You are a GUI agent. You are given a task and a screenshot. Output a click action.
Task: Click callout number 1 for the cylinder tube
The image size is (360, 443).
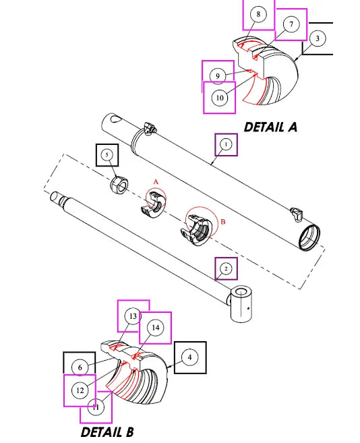pos(226,144)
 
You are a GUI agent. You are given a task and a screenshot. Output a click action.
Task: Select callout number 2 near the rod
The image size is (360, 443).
pos(226,269)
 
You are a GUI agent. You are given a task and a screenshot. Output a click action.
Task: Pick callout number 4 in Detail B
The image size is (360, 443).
pos(191,357)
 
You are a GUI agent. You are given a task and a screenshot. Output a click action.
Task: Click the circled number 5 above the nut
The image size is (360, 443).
pos(107,155)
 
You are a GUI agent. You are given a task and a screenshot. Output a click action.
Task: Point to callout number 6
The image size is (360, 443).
pos(80,367)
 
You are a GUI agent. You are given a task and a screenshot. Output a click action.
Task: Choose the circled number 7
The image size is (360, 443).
pos(291,25)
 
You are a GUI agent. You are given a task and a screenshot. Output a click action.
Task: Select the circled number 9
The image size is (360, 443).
pos(218,76)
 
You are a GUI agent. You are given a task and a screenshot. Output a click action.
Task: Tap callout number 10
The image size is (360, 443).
pos(219,98)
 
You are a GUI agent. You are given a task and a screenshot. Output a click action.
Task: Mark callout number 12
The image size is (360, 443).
pos(80,390)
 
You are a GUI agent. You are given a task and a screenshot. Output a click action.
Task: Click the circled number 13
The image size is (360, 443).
pos(133,316)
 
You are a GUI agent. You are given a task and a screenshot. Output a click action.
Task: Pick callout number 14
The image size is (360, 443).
pos(155,328)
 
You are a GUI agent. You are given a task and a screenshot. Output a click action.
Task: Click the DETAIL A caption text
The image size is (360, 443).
pos(270,126)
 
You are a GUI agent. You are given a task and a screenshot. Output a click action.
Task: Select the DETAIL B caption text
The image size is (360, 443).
pos(107,432)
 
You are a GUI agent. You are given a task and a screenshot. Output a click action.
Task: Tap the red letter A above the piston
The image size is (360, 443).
pos(156,182)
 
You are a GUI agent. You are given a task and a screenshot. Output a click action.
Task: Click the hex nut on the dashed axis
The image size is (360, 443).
pos(118,183)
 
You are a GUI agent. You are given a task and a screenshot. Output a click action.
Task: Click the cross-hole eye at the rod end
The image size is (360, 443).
pos(241,303)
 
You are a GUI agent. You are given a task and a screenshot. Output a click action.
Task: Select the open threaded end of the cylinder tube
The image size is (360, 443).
pos(309,238)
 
